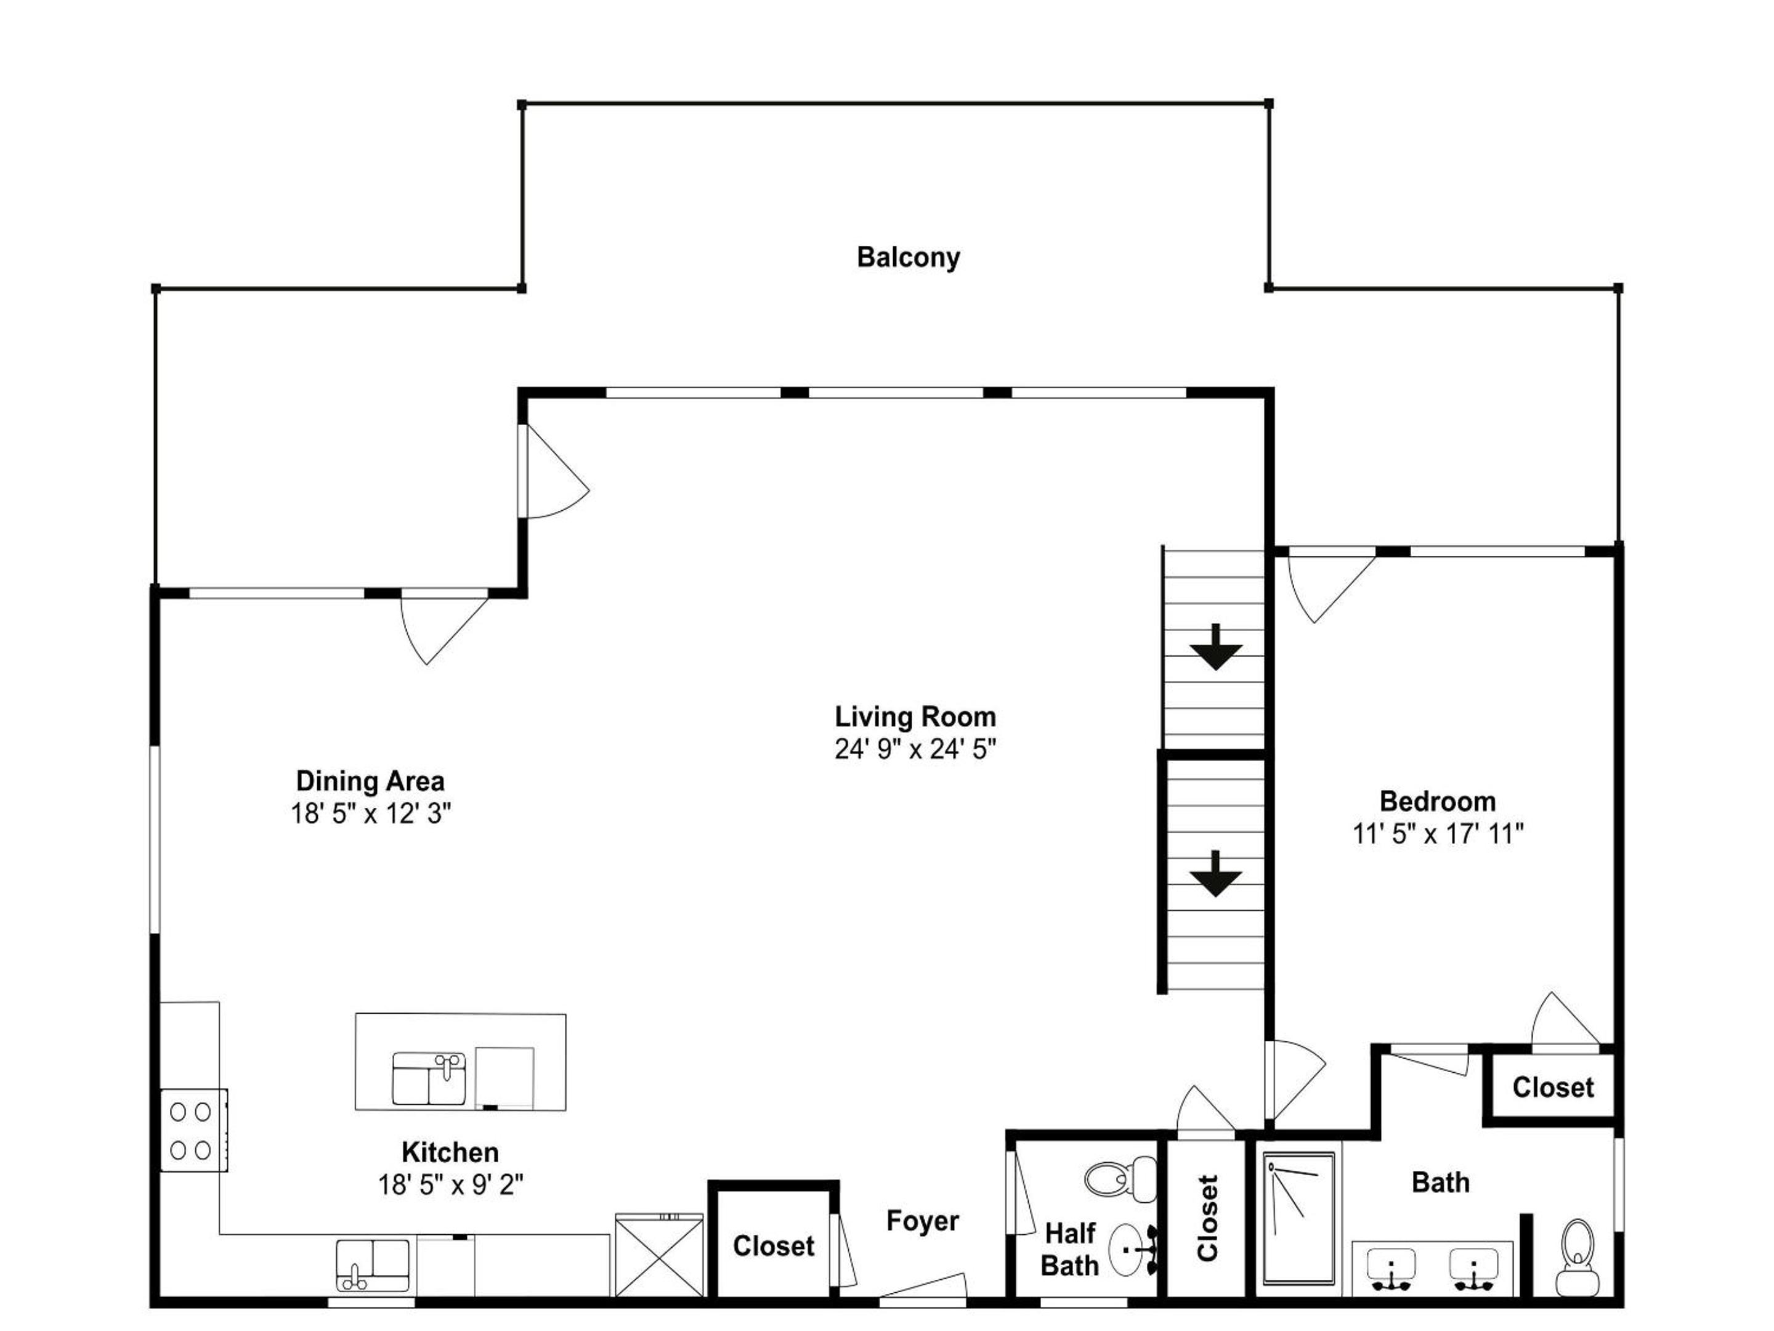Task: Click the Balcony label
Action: pos(908,258)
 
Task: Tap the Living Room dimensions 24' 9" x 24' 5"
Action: pos(915,749)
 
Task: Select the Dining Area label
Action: pos(370,781)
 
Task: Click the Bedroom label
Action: pos(1437,800)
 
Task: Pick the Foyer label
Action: pos(922,1221)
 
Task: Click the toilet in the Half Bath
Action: pos(1120,1179)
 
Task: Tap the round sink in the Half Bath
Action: pos(1132,1249)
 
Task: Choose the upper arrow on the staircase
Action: pos(1216,646)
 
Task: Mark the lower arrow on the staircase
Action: pos(1216,874)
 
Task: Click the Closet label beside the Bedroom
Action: pos(1553,1087)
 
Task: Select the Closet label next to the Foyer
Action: pos(773,1246)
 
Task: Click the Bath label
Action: pos(1440,1182)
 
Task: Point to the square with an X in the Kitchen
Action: pos(659,1255)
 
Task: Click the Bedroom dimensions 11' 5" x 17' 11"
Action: pos(1438,834)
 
